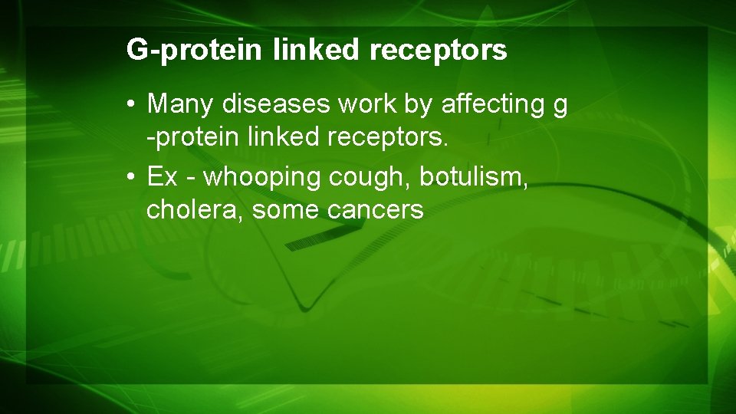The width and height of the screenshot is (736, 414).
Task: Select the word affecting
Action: coord(489,103)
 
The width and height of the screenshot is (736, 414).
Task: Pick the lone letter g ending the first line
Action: coord(560,105)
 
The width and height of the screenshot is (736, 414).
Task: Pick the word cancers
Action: coord(376,211)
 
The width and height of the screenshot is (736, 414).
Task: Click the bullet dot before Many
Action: coord(133,104)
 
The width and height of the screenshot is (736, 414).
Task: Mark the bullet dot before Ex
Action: coord(133,178)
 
